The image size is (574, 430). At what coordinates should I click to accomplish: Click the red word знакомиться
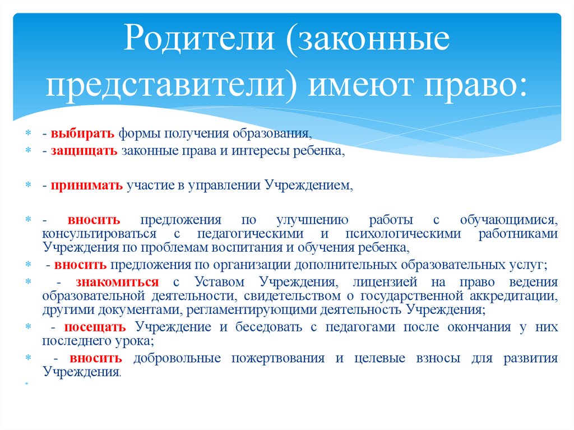(123, 282)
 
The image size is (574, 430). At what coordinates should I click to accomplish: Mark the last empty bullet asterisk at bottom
(26, 385)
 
